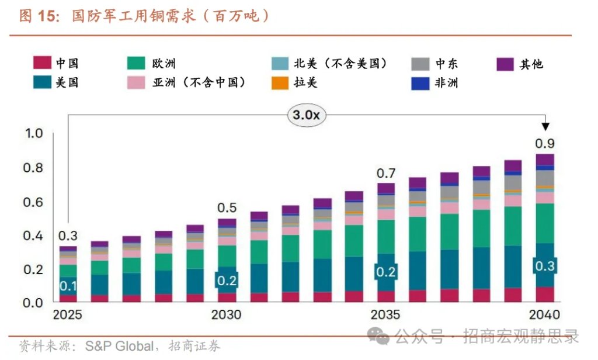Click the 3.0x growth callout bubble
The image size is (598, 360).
coord(306,115)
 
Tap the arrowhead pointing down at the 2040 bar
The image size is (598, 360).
coord(545,127)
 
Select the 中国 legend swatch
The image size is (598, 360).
coord(42,63)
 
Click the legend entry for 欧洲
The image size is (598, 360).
coord(151,63)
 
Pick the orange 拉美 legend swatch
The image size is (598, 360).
coord(280,83)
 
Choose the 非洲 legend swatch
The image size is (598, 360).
coord(420,83)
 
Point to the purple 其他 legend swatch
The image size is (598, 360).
coord(505,64)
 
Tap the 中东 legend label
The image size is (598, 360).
coord(446,64)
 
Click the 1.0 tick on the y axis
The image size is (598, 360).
coord(33,133)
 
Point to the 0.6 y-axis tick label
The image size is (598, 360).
coord(33,202)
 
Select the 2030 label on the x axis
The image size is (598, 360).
coord(226,314)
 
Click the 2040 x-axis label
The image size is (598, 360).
coord(544,314)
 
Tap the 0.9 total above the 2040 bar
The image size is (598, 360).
coord(545,143)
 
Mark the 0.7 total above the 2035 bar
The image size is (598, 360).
coord(386,174)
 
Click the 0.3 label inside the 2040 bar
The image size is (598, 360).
coord(545,266)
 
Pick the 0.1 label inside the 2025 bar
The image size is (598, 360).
coord(68,286)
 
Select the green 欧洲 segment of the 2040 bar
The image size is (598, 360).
coord(545,223)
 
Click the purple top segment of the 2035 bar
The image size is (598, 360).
coord(386,188)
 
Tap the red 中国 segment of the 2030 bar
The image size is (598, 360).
coord(227,297)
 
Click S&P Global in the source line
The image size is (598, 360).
coord(119,346)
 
